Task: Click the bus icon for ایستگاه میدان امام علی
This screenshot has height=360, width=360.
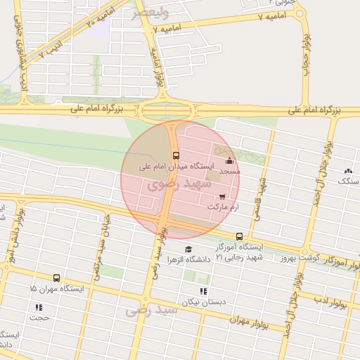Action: pos(175,155)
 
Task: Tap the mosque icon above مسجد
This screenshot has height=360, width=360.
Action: pos(229,161)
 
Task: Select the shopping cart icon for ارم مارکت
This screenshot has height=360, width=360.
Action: pos(223,197)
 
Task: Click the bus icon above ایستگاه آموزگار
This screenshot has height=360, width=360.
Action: pos(240,236)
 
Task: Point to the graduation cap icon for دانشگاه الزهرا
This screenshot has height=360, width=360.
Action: pos(188,249)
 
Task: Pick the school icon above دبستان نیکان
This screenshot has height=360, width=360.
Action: pos(203,291)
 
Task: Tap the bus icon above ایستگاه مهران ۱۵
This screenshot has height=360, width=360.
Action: pos(57,278)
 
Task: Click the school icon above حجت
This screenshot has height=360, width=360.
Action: pos(39,307)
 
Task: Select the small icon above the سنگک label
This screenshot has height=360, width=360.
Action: pos(348,171)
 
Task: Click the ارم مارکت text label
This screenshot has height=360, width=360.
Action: pos(224,207)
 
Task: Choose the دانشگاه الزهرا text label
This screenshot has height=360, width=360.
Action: pos(189,259)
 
